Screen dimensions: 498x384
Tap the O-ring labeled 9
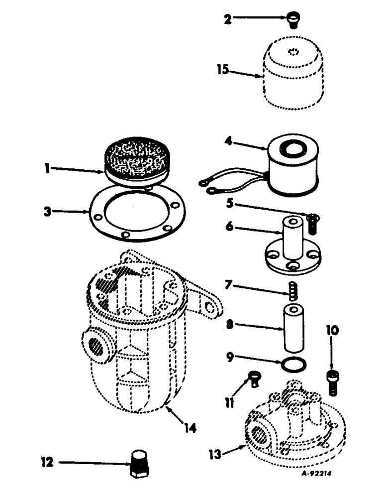tap(293, 365)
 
